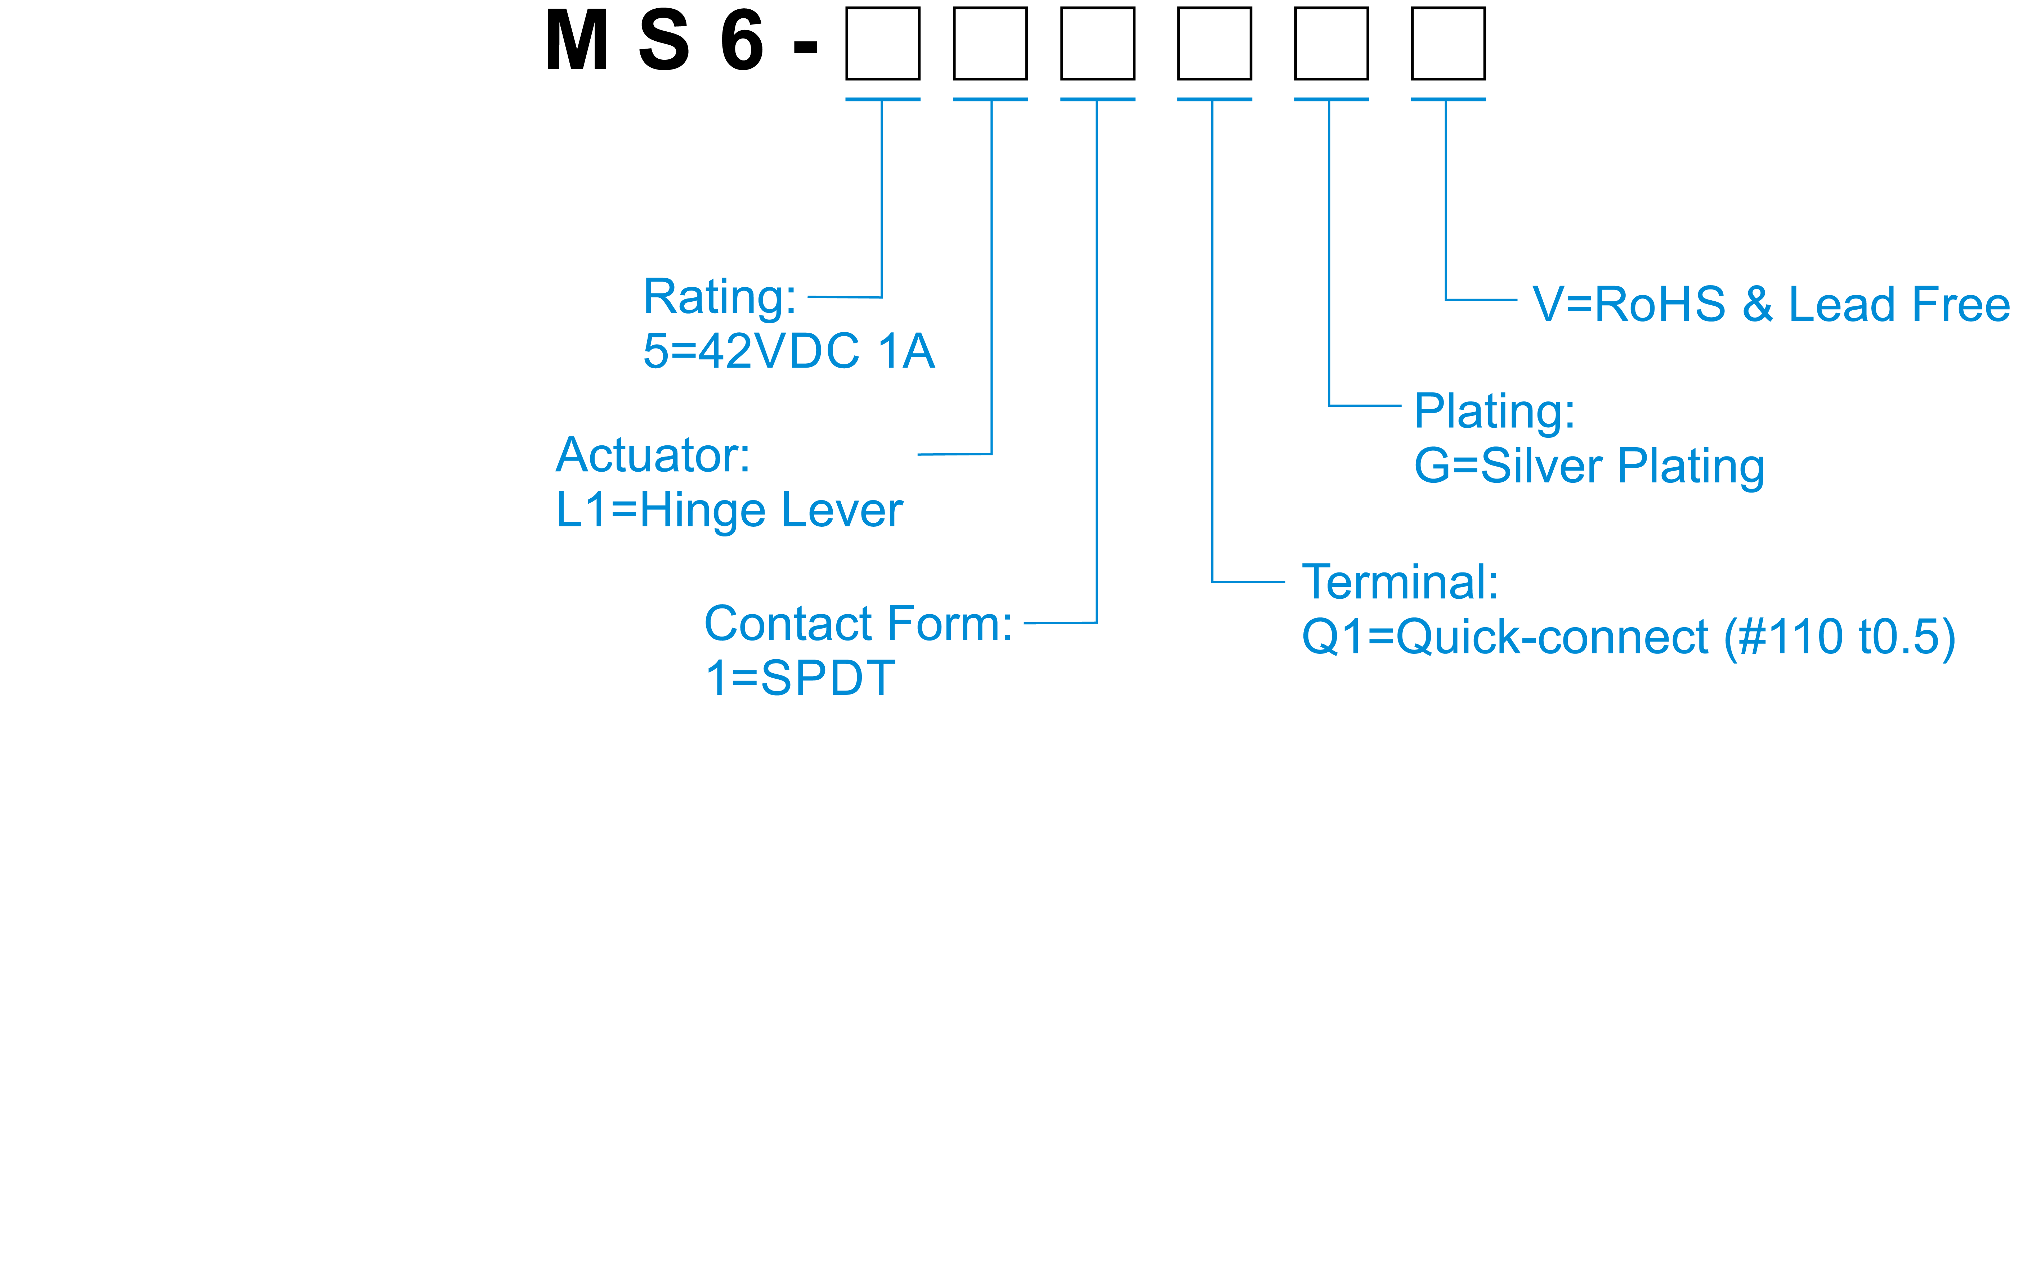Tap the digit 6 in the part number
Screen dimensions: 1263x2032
point(742,42)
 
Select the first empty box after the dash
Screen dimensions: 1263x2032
point(882,44)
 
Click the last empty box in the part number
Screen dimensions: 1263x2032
point(1448,44)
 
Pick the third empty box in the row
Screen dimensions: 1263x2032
point(1097,44)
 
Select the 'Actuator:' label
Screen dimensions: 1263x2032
point(653,456)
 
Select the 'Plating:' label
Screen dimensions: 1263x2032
point(1494,412)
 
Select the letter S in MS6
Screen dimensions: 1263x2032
point(664,42)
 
